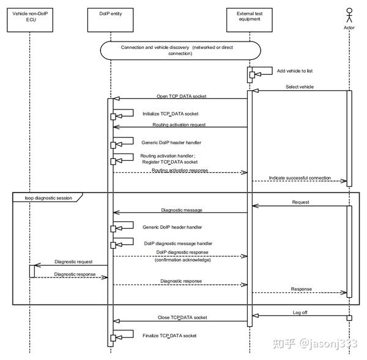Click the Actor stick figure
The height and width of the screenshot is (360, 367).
tap(349, 13)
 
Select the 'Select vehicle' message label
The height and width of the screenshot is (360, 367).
tap(300, 87)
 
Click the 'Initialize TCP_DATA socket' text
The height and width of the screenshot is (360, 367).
tap(170, 114)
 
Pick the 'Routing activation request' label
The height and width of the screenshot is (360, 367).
tap(179, 125)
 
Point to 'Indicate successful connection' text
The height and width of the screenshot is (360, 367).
tap(300, 178)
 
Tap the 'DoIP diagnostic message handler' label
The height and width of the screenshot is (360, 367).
tap(178, 243)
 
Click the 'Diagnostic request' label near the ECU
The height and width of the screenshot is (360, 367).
tap(73, 262)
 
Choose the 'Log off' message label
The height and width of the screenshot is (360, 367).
tap(300, 312)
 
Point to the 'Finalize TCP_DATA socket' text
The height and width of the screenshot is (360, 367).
tap(170, 336)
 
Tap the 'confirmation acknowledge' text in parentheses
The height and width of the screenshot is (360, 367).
tap(182, 259)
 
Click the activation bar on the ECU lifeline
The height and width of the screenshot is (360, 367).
tap(32, 271)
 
